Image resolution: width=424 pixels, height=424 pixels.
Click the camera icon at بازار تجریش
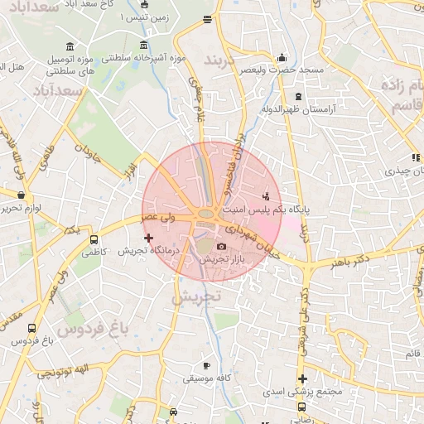pos(221,247)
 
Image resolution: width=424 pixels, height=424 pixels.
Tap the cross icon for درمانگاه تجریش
pos(149,238)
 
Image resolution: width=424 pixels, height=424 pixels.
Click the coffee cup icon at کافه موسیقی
pos(206,365)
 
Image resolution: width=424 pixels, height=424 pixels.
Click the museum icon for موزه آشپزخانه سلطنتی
pos(145,46)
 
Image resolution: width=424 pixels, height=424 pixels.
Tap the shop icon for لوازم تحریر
pos(21,195)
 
